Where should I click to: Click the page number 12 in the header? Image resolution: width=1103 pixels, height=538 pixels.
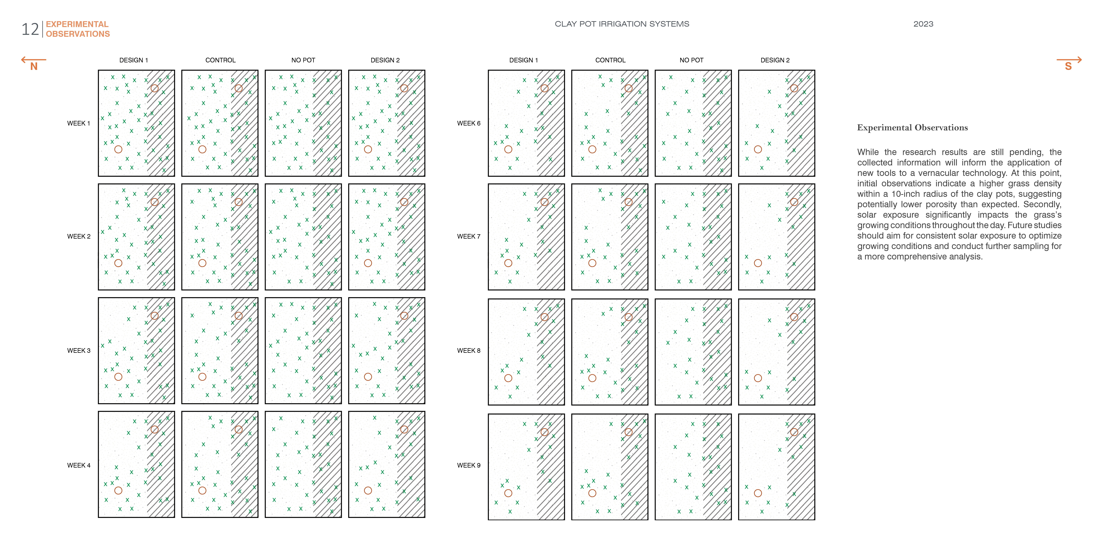pyautogui.click(x=30, y=30)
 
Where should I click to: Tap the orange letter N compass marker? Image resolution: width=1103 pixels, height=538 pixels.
pyautogui.click(x=34, y=66)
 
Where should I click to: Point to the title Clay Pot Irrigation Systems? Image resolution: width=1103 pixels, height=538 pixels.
pyautogui.click(x=622, y=24)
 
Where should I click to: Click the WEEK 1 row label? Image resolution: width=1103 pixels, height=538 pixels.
pyautogui.click(x=78, y=123)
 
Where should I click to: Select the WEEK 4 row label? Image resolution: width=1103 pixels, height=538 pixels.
pyautogui.click(x=78, y=465)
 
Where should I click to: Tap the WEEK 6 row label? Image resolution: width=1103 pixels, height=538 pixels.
pyautogui.click(x=468, y=123)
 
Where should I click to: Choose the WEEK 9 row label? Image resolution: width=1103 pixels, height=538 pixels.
pyautogui.click(x=468, y=465)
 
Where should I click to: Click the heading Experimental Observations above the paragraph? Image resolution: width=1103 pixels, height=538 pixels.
pyautogui.click(x=912, y=128)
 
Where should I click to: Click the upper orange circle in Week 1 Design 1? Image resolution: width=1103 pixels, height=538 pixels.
pyautogui.click(x=155, y=88)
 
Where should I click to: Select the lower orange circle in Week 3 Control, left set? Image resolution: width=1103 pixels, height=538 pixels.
pyautogui.click(x=202, y=377)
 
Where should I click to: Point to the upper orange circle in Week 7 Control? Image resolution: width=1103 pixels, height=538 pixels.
pyautogui.click(x=628, y=202)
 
